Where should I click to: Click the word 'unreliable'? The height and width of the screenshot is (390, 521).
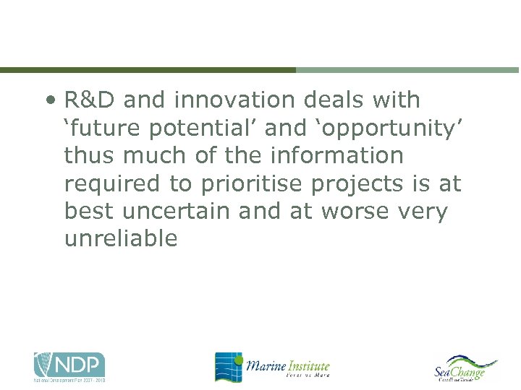pyautogui.click(x=121, y=239)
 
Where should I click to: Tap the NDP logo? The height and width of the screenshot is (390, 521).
pyautogui.click(x=69, y=366)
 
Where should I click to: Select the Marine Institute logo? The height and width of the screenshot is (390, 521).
pyautogui.click(x=272, y=366)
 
